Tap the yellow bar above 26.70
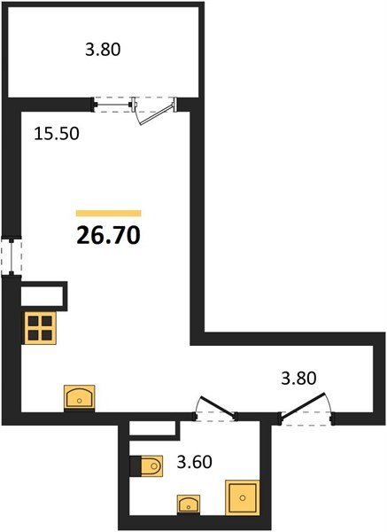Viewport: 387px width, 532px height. coord(109,214)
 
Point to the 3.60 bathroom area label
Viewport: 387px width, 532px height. coord(196,461)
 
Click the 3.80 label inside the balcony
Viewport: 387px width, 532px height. coord(102,50)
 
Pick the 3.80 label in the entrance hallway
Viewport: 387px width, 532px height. coord(298,378)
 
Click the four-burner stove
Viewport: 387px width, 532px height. coord(40,328)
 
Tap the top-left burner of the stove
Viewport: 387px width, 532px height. coord(34,321)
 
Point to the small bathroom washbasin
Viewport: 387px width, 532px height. coord(189,505)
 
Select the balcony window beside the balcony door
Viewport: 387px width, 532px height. coord(113,103)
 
